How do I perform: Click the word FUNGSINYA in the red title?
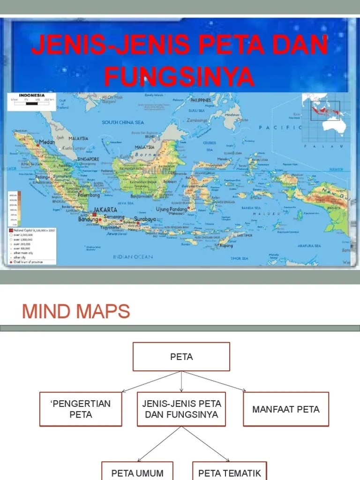point(179,76)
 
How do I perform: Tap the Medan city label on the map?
point(47,142)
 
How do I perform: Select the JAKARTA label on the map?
point(105,210)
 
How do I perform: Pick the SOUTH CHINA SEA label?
point(123,122)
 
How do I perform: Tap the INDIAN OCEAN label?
point(133,257)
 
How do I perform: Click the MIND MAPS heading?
point(76,311)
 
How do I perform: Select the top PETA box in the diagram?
point(181,357)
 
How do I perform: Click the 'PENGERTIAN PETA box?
point(81,409)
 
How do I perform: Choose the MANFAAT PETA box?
point(285,409)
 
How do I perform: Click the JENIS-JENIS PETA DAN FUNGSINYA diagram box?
point(181,409)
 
